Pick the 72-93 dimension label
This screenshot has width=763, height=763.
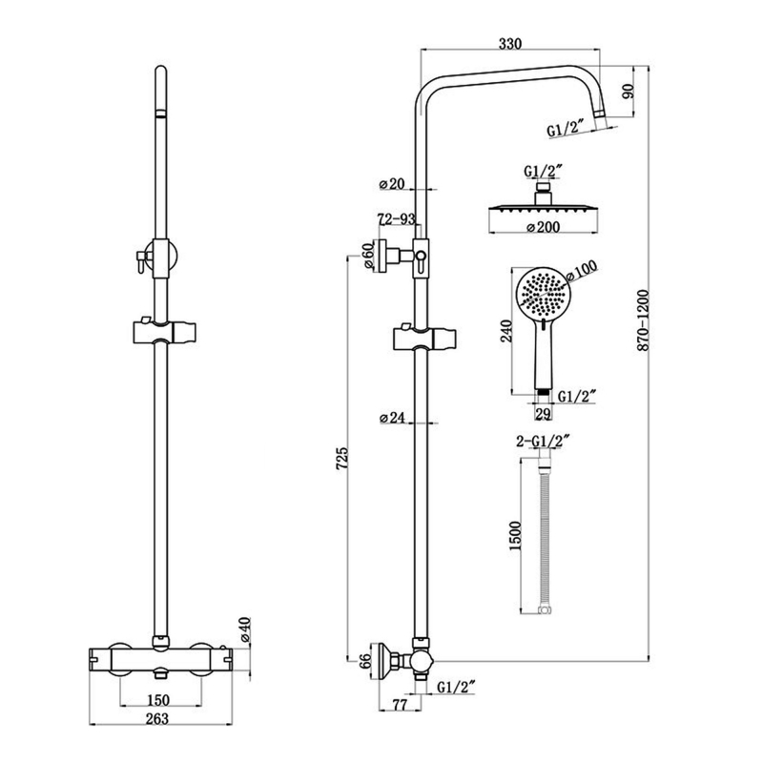coord(396,220)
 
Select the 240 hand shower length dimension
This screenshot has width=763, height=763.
coord(506,330)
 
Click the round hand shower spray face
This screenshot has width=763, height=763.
coord(540,294)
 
